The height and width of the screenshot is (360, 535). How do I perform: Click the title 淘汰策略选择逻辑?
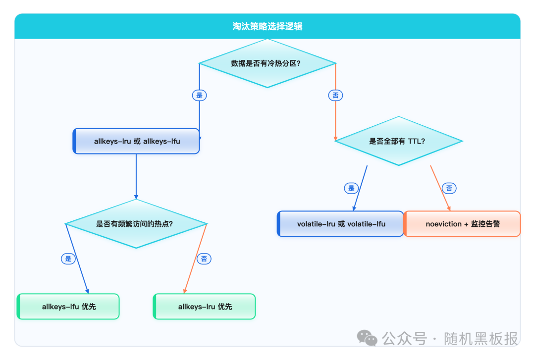267,26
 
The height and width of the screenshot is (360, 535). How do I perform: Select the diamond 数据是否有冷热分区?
267,63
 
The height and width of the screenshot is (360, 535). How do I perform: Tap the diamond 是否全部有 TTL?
399,141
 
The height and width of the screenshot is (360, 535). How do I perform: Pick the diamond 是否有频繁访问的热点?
136,224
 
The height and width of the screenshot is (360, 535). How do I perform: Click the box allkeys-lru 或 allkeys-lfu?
137,141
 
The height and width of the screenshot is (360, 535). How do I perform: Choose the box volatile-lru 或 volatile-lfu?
341,224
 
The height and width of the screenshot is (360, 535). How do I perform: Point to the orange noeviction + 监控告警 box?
463,224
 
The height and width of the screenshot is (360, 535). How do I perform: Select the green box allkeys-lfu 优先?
69,307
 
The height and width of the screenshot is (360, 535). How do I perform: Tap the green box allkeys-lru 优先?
205,307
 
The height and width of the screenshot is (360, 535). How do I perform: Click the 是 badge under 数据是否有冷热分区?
200,95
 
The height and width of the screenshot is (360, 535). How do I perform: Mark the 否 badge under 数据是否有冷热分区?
336,95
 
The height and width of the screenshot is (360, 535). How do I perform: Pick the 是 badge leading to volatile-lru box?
351,188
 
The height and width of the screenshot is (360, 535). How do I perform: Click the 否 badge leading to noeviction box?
449,188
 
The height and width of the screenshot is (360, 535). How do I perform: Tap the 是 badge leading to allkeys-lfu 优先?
68,258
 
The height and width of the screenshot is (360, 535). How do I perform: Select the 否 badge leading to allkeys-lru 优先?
204,258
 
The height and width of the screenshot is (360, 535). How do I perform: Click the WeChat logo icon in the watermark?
367,338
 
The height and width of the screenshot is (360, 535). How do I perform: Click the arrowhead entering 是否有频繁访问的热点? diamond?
136,197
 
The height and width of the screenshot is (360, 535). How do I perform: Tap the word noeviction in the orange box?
443,224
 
